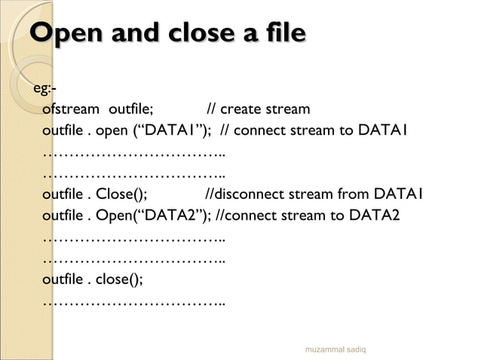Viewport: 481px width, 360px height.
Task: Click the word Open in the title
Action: click(x=66, y=33)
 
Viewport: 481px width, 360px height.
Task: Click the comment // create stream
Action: click(x=258, y=110)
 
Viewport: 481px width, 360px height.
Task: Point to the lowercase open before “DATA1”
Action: click(x=112, y=132)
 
